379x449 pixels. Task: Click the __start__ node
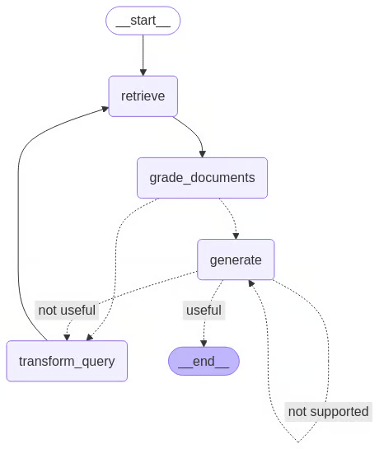143,21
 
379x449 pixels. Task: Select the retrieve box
143,96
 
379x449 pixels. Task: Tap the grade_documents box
202,177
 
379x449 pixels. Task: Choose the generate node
236,260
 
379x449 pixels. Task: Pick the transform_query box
67,361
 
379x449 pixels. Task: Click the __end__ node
204,361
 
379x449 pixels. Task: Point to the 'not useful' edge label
67,311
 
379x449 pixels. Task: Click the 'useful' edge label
203,311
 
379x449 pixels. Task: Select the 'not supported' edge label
328,411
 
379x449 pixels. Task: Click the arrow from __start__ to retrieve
143,54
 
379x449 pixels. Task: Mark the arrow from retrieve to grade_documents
190,132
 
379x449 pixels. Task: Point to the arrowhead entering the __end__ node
204,344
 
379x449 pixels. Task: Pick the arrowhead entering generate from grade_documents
236,236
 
